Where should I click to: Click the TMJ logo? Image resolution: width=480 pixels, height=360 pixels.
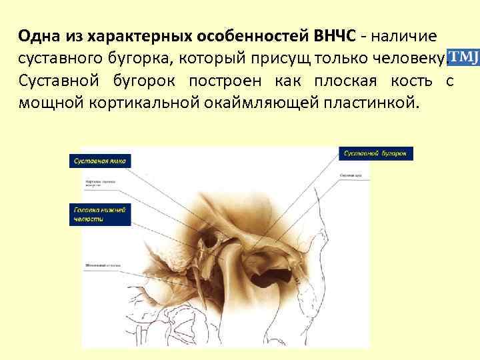coord(462,57)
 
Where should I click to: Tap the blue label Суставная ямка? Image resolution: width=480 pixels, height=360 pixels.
coord(100,161)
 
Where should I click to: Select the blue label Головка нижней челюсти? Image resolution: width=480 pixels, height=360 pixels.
coord(100,213)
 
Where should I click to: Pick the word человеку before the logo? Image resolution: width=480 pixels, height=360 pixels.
coord(402,59)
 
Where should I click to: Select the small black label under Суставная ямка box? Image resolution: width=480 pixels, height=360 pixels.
coord(100,182)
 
